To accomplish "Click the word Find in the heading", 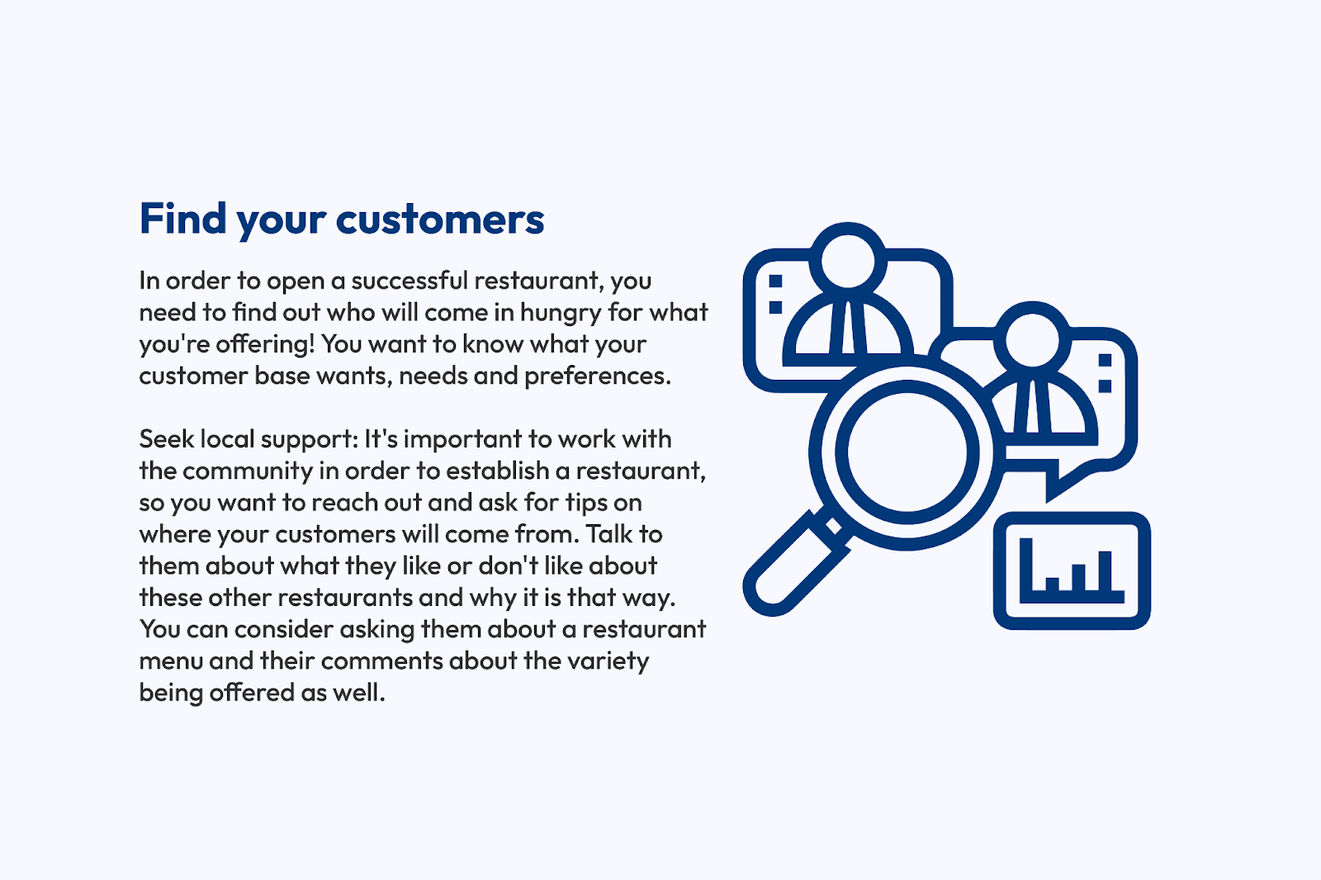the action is (182, 218).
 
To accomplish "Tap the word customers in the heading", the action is (440, 220).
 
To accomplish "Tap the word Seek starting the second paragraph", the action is (167, 439).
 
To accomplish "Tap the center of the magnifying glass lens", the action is (907, 452).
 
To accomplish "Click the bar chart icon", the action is (1072, 570).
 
